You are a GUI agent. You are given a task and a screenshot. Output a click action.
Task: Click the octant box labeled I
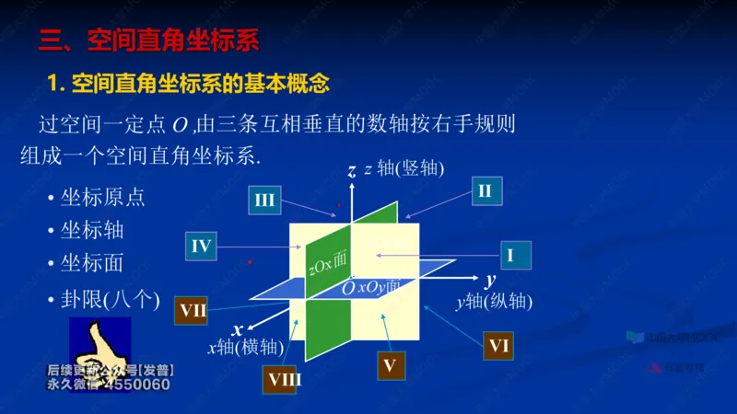pyautogui.click(x=509, y=254)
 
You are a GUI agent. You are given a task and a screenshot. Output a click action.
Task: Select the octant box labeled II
pyautogui.click(x=485, y=191)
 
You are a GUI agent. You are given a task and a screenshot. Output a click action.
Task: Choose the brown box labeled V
pyautogui.click(x=390, y=365)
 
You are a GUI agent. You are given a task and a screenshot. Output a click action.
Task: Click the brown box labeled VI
pyautogui.click(x=499, y=346)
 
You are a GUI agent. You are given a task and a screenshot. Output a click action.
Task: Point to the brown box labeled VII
pyautogui.click(x=193, y=310)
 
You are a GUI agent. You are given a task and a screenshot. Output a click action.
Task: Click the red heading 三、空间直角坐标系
pyautogui.click(x=148, y=40)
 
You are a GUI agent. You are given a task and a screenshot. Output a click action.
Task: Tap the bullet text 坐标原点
pyautogui.click(x=102, y=198)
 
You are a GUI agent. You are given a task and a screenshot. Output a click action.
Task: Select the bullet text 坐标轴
pyautogui.click(x=91, y=230)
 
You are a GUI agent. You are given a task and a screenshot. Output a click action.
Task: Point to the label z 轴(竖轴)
pyautogui.click(x=404, y=168)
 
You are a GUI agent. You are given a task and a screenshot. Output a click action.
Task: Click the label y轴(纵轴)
pyautogui.click(x=494, y=301)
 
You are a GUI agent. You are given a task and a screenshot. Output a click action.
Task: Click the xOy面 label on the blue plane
pyautogui.click(x=379, y=287)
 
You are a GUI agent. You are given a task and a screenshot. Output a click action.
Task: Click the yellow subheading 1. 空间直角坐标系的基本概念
pyautogui.click(x=188, y=84)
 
